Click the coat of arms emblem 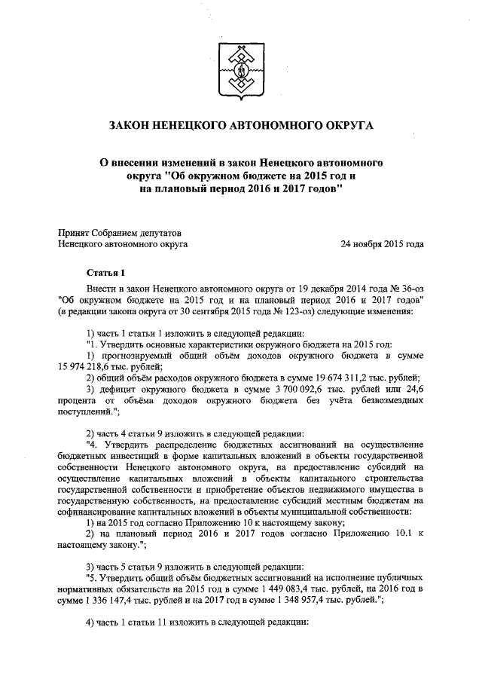[x=241, y=66]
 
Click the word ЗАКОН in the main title [x=136, y=124]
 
